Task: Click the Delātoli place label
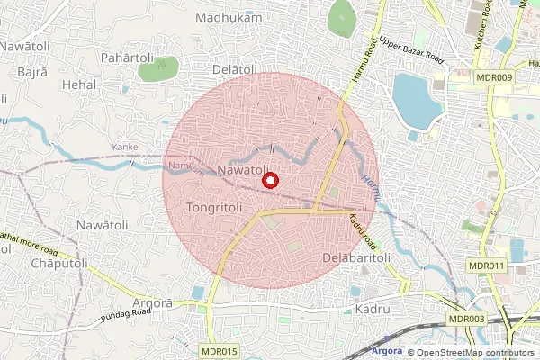pos(236,69)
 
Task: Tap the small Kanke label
pos(125,147)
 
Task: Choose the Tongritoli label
pos(214,207)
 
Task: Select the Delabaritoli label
pos(355,257)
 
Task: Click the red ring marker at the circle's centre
pos(269,181)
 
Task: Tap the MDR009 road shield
pos(493,77)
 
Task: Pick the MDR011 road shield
pos(487,265)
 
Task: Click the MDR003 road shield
pos(466,319)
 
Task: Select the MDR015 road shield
pos(220,350)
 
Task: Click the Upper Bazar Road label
pos(411,49)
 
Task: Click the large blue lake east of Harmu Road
pos(415,101)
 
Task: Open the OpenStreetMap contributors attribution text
pos(474,353)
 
